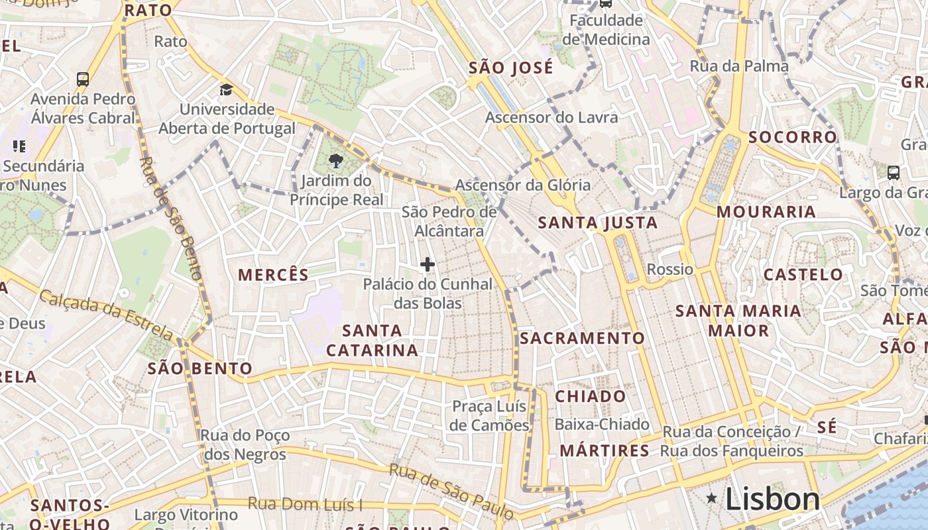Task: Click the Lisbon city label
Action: [772, 498]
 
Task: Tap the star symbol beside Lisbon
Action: [712, 498]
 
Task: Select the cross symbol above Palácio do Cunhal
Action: [428, 265]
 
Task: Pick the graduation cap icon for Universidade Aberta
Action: [227, 89]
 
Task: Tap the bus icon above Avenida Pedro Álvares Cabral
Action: [83, 79]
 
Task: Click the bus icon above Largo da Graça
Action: [893, 173]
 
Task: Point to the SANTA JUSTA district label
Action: [597, 223]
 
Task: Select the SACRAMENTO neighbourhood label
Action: [582, 338]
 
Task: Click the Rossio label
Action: [669, 269]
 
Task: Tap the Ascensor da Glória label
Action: [522, 185]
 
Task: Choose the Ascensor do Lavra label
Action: [551, 117]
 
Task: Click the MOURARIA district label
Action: [766, 212]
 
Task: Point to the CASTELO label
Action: [803, 274]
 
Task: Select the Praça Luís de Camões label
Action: [489, 415]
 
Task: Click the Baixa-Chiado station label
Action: [602, 424]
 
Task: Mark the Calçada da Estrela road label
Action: [106, 315]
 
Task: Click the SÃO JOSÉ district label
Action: [510, 68]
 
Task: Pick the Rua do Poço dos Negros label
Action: [245, 445]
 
